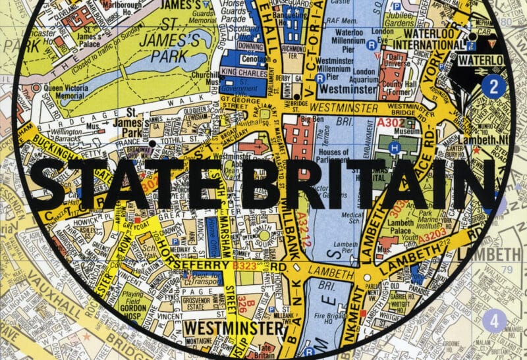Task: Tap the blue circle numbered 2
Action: coord(493,86)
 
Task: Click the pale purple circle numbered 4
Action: coord(494,322)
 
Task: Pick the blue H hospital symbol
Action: coord(395,147)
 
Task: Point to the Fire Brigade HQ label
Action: coord(335,307)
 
